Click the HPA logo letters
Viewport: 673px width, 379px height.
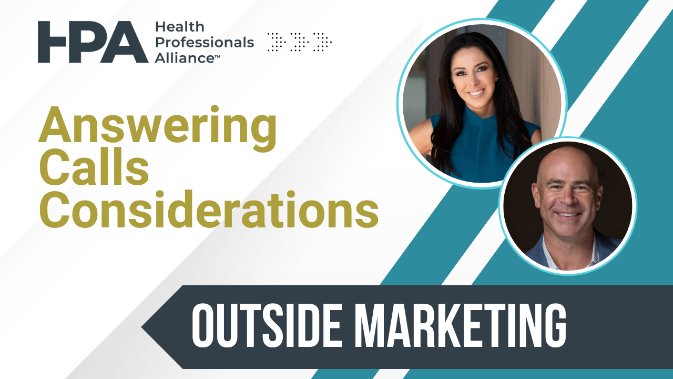(x=93, y=42)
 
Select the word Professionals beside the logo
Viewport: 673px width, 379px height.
(x=204, y=42)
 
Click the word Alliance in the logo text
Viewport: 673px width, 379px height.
(x=181, y=57)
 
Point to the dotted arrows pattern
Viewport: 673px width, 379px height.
(x=300, y=42)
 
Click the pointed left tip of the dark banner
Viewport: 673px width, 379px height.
(x=145, y=327)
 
